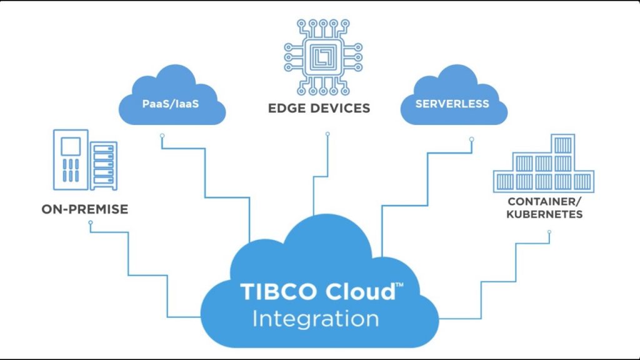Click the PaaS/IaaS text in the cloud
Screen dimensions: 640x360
[171, 104]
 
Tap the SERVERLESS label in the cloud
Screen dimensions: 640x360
[452, 104]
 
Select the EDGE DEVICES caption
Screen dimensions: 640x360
[319, 108]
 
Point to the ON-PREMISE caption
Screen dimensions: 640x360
[85, 209]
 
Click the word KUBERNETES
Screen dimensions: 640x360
[544, 214]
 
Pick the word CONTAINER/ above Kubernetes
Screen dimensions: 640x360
[544, 201]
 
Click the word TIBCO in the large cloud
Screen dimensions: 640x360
[279, 291]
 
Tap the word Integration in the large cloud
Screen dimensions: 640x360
[316, 319]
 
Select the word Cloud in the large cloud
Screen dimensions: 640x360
[361, 291]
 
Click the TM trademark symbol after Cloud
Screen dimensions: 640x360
[399, 284]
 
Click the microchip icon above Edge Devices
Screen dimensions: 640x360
[323, 57]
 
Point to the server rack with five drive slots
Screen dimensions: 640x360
[104, 166]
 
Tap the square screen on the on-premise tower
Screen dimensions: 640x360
[71, 146]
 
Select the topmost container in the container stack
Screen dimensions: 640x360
[563, 144]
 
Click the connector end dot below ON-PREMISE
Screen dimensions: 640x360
[91, 223]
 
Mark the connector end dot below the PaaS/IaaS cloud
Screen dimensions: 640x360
[162, 136]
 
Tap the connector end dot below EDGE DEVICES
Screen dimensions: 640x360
[327, 134]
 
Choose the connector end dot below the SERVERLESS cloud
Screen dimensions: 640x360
[471, 139]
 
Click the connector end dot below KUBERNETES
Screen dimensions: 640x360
[549, 232]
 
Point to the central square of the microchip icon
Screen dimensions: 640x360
[323, 57]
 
